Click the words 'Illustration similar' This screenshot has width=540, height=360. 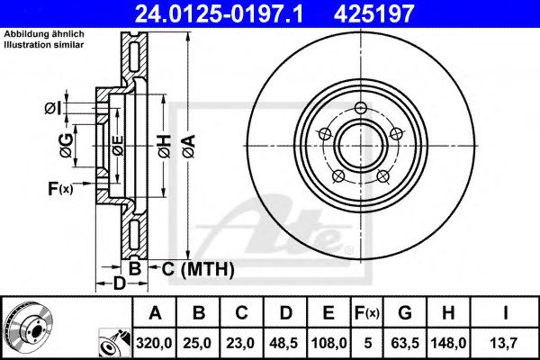(x=44, y=43)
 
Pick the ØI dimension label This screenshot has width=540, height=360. (x=53, y=110)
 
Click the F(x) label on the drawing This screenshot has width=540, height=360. (x=61, y=188)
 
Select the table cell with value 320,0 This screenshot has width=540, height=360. (x=155, y=341)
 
